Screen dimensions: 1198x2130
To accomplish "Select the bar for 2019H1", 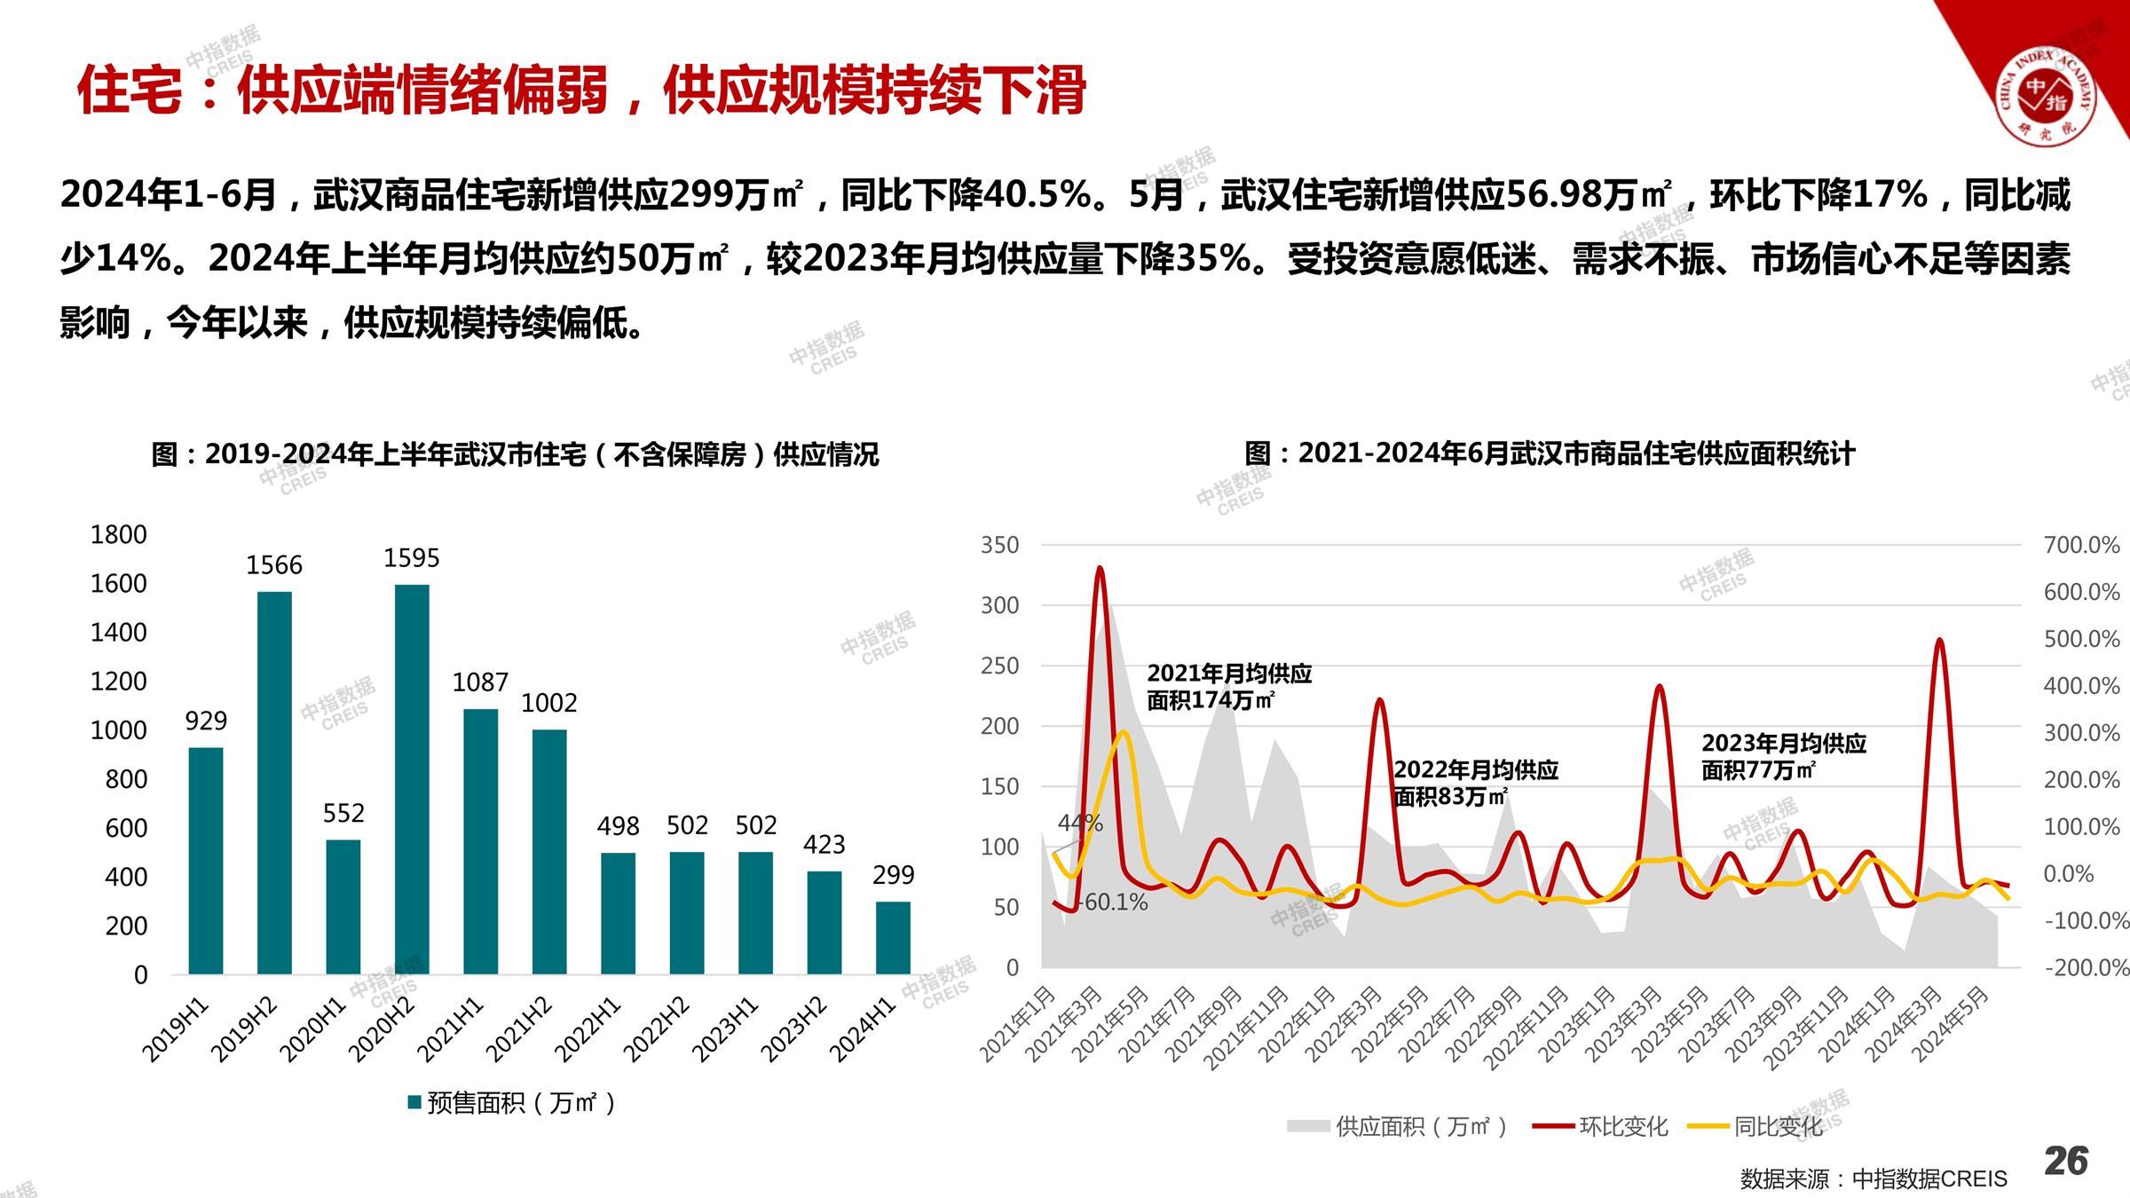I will [206, 860].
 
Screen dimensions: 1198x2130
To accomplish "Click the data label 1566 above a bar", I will [274, 565].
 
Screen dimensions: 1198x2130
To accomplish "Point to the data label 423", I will [824, 845].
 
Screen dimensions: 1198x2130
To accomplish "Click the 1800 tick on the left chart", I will [119, 534].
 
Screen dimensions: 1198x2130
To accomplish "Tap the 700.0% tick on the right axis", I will [2081, 545].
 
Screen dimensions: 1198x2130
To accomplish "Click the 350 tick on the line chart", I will [999, 545].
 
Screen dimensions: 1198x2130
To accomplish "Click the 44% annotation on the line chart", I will [1080, 823].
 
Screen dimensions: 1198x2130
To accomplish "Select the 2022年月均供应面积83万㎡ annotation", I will [1475, 783].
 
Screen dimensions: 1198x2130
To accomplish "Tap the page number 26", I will [2066, 1161].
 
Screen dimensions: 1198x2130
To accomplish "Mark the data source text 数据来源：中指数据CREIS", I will [1873, 1178].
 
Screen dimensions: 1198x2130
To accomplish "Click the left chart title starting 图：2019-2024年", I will [515, 454].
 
